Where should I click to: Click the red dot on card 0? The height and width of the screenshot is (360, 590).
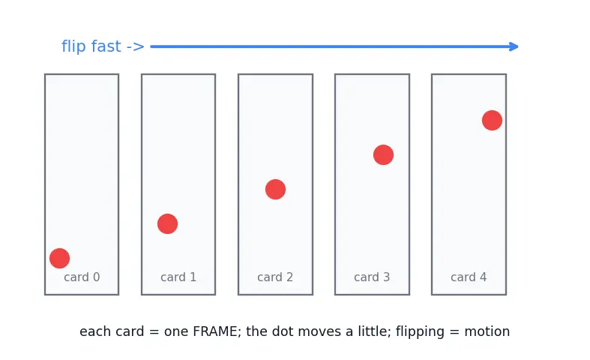tap(59, 258)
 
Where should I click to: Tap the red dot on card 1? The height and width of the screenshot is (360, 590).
tap(167, 224)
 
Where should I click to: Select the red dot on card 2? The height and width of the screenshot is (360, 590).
tap(275, 190)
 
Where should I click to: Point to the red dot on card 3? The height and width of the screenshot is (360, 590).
tap(383, 154)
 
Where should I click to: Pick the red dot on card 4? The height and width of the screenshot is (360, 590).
tap(493, 121)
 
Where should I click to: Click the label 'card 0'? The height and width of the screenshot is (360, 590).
tap(82, 277)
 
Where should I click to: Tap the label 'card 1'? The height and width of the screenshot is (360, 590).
tap(178, 277)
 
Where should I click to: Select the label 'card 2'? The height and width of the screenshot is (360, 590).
tap(275, 277)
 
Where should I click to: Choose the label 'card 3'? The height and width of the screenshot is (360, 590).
tap(372, 277)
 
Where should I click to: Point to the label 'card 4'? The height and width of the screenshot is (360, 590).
tap(469, 277)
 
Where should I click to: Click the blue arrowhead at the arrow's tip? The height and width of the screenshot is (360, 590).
tap(514, 46)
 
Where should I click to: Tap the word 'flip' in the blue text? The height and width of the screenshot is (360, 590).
tap(73, 46)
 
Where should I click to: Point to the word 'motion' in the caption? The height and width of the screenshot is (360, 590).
tap(487, 331)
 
